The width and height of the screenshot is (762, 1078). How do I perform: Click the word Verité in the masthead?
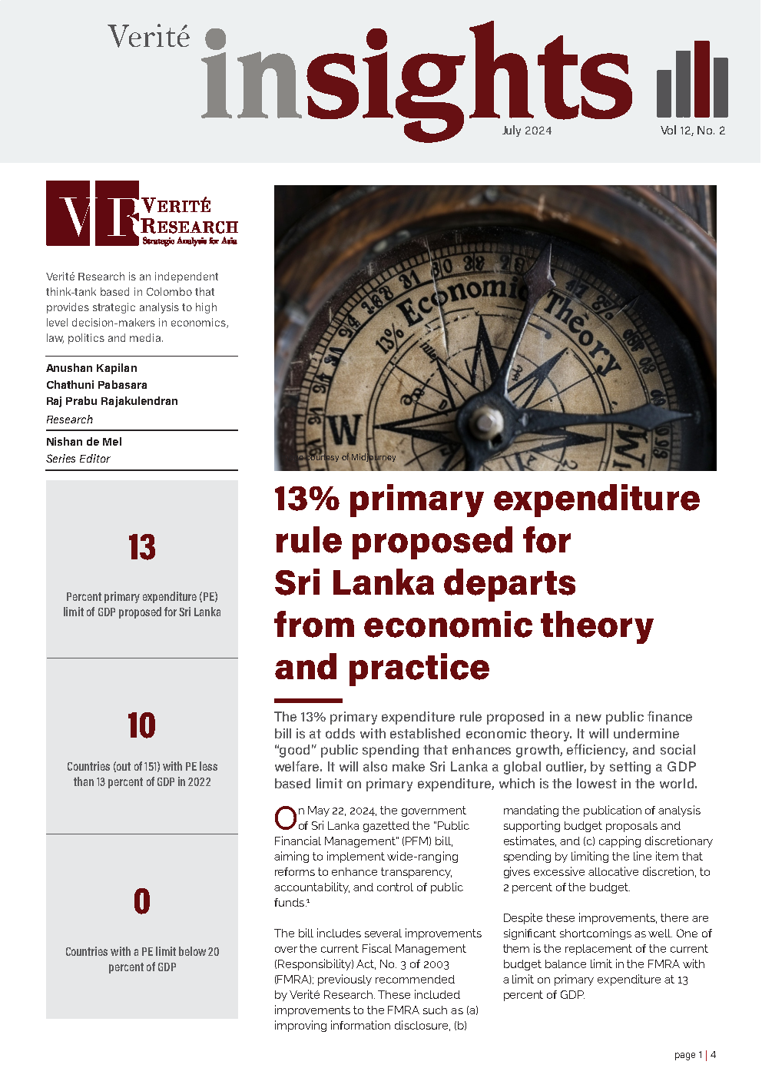pos(148,37)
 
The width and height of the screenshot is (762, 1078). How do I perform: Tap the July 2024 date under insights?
pos(527,131)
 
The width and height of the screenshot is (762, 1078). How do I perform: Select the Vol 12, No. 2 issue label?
pos(692,131)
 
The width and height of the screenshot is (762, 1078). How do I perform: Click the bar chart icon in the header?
pos(692,78)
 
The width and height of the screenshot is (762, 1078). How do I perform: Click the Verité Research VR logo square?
pos(92,214)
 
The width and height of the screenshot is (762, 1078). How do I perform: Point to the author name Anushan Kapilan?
pos(91,368)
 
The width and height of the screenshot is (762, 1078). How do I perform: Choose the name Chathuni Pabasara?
pos(97,385)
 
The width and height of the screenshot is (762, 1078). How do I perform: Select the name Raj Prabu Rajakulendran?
pos(112,401)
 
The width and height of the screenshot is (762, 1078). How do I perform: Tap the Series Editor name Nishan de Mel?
pos(84,442)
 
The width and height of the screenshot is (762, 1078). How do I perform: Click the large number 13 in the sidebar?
pos(142,548)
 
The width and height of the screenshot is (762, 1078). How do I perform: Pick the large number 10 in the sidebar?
pos(142,725)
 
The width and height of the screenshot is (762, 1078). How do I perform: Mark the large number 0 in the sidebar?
pos(142,901)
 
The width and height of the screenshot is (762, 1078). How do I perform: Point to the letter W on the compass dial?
pos(345,430)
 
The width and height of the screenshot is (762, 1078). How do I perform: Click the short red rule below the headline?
pos(308,700)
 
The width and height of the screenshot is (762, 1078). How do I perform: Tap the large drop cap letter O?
pos(286,818)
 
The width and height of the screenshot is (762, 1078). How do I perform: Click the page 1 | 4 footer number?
pos(694,1055)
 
